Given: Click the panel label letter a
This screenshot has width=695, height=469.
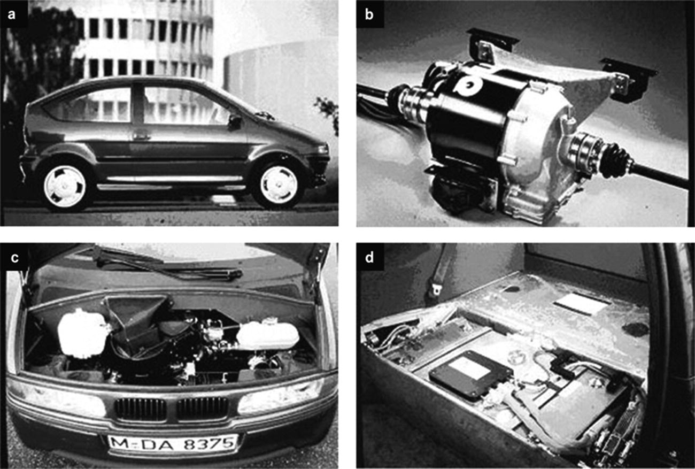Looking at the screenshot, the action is (x=11, y=14).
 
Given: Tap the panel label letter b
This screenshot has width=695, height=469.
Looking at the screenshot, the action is (x=369, y=14).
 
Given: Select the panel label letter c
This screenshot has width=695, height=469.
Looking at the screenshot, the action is (x=14, y=258).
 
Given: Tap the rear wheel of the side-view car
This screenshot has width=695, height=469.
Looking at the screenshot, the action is (x=65, y=186).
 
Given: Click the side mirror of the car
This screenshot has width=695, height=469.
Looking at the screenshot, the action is (x=235, y=122).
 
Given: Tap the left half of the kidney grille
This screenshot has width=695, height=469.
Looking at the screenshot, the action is (x=141, y=410).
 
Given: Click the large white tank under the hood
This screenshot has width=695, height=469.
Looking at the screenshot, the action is (x=83, y=333).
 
